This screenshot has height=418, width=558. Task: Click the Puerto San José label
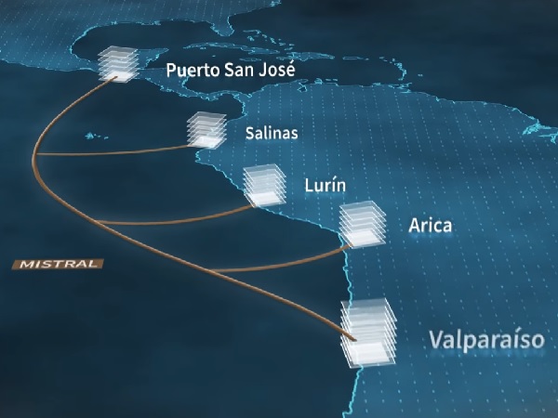(231, 70)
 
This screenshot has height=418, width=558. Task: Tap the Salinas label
(272, 133)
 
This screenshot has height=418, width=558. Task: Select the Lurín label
(325, 186)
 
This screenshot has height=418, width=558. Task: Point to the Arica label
(430, 226)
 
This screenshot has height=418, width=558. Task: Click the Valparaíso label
(485, 338)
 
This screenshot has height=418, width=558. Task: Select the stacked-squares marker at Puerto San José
(118, 63)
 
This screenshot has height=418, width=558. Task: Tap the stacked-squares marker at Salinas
(206, 129)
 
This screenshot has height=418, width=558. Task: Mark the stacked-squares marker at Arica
(361, 224)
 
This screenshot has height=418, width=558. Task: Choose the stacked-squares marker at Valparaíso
(367, 333)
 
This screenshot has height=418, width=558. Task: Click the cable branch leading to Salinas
(121, 151)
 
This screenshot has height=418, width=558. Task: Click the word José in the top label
(278, 70)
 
